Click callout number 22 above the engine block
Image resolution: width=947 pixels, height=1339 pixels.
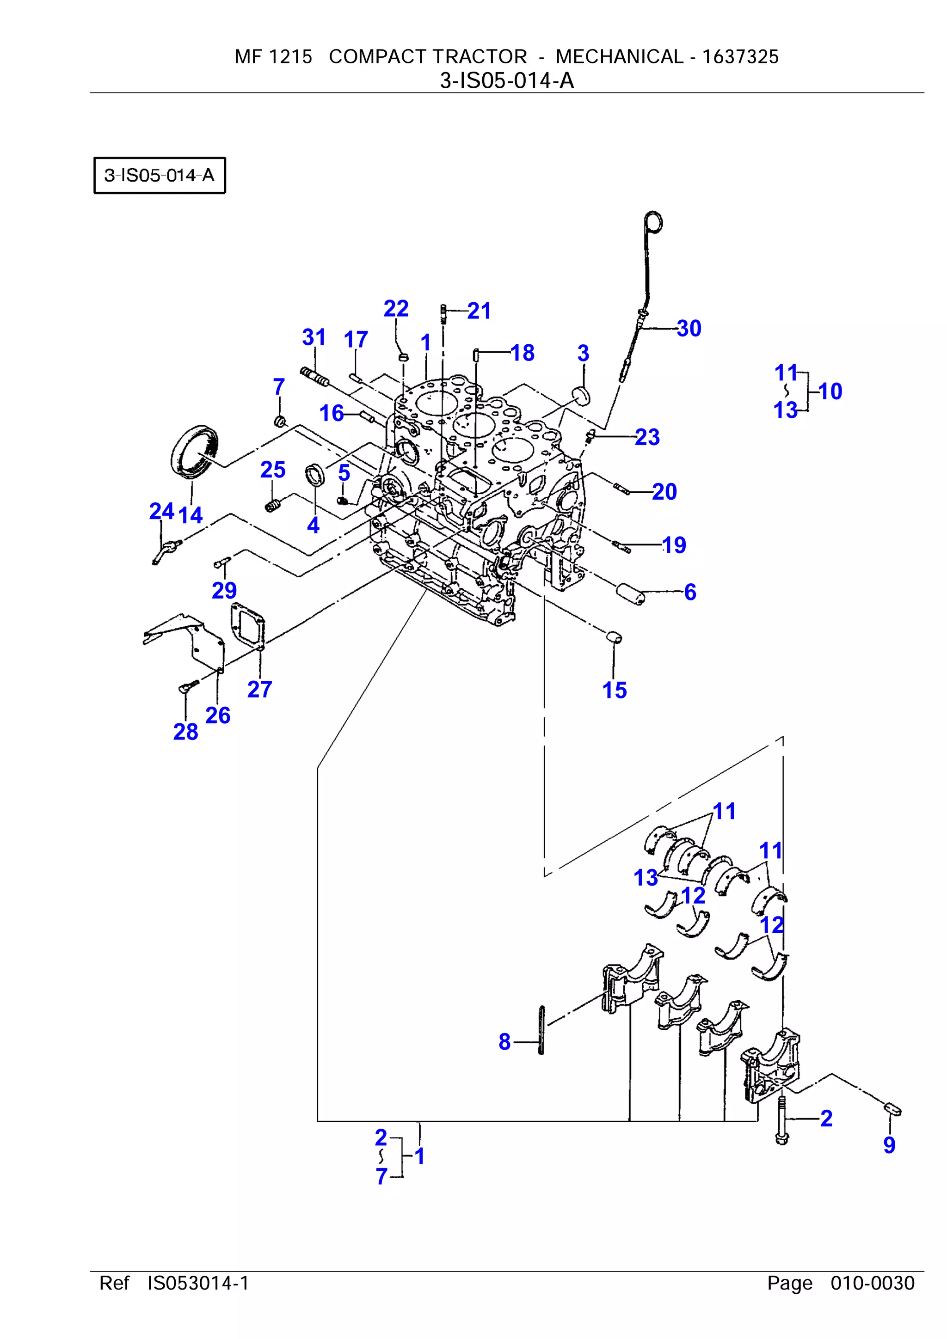click(396, 308)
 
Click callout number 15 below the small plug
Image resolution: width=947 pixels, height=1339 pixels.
click(614, 690)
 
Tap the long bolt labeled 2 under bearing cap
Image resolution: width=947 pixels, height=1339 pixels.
click(781, 1120)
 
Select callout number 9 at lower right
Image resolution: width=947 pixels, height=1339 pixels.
click(889, 1145)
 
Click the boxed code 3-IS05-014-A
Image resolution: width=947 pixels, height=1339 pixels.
click(159, 175)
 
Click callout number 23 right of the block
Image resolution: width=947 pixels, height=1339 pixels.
click(646, 437)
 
